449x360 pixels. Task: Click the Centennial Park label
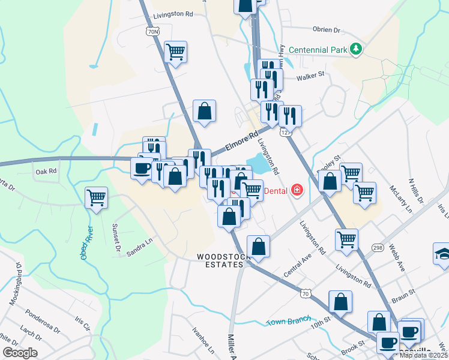tap(318, 49)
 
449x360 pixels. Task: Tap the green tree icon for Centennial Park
tap(357, 49)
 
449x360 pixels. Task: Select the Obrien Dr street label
tap(327, 29)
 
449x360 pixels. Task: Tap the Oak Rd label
tap(46, 172)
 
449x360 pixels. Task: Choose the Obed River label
tap(86, 243)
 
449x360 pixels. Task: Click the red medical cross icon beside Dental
tap(297, 190)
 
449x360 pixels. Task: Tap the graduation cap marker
tap(442, 253)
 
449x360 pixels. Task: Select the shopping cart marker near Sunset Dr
tap(96, 197)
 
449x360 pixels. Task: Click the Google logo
tap(20, 353)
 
